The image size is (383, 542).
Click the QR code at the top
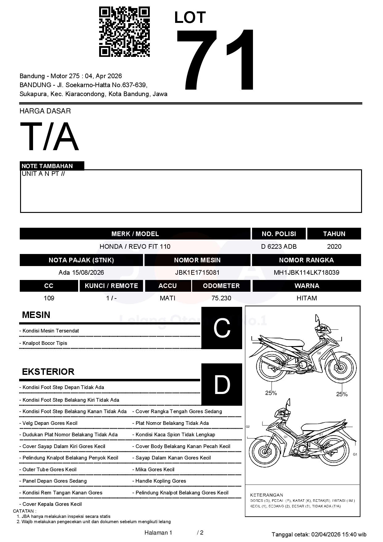click(124, 32)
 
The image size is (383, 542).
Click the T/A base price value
click(49, 137)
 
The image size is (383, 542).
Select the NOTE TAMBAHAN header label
click(47, 166)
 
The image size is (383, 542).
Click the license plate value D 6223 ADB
click(279, 246)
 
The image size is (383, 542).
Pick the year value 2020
click(334, 246)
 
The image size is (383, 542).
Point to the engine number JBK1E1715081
click(197, 272)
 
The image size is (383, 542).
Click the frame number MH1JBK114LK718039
click(306, 272)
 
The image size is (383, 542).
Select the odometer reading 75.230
click(221, 298)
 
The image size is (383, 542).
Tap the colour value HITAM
click(306, 298)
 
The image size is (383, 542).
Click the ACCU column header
click(167, 286)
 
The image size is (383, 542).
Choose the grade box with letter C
click(221, 328)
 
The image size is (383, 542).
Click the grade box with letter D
click(221, 384)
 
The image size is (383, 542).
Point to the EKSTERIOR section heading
click(48, 371)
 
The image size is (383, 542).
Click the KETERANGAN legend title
click(266, 495)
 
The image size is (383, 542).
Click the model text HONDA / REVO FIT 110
click(135, 246)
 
